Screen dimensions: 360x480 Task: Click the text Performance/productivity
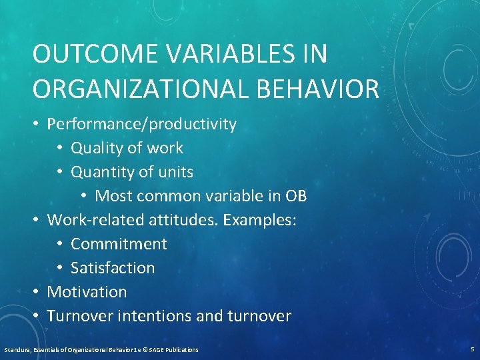coord(141,124)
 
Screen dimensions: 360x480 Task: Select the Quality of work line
coord(127,148)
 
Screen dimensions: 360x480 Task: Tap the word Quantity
coord(100,172)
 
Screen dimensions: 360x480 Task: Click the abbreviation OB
coord(296,196)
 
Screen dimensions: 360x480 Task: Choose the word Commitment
coord(119,244)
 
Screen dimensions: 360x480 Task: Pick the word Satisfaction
coord(113,268)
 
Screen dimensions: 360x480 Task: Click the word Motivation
coord(87,292)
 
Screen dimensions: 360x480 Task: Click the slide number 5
coord(471,349)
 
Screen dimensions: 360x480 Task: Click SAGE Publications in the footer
coord(175,349)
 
